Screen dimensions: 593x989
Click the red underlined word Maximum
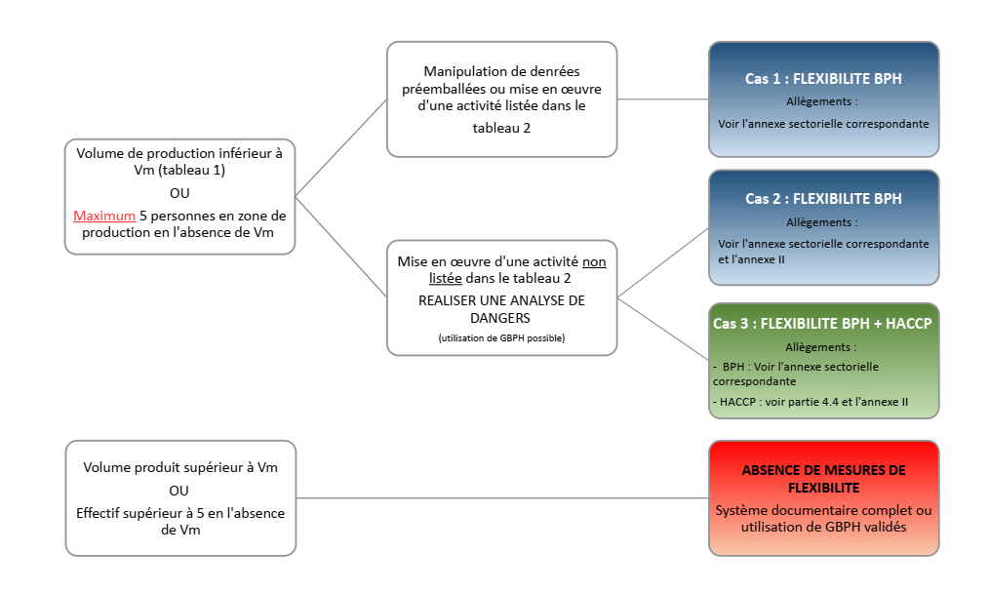coord(103,216)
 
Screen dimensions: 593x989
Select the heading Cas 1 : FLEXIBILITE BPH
coord(823,79)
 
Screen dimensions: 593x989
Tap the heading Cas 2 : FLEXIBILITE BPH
coord(823,198)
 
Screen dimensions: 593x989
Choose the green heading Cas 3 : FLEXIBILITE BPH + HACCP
coord(823,323)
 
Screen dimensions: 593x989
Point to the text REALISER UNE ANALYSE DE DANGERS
coord(501,309)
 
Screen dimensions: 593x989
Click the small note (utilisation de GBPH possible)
coord(501,337)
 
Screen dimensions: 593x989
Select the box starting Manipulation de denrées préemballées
coord(501,99)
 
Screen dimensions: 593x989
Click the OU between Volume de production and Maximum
coord(179,193)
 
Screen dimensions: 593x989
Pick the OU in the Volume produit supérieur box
coord(179,491)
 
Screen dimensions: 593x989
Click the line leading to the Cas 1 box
coord(663,99)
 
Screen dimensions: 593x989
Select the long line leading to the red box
coord(502,498)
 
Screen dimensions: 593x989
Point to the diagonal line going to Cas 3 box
coord(663,329)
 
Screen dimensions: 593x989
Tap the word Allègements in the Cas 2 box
coord(821,222)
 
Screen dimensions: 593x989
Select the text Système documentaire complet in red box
coord(823,511)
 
